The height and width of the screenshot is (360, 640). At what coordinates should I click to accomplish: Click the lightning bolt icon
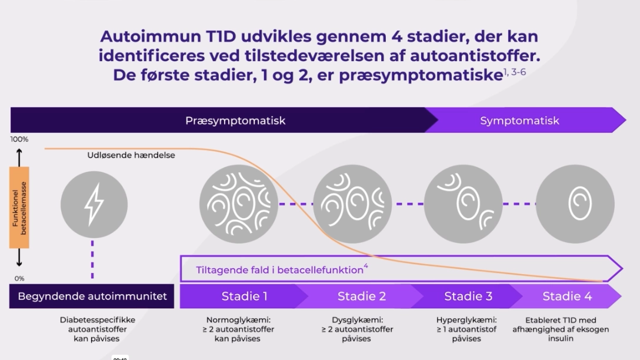click(x=94, y=205)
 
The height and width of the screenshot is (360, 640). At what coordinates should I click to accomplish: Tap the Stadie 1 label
click(x=245, y=296)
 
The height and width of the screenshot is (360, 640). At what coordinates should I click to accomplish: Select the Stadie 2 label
click(x=362, y=296)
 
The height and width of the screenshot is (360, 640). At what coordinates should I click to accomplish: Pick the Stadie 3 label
click(x=468, y=296)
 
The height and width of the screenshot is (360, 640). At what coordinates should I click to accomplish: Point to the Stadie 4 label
click(x=567, y=296)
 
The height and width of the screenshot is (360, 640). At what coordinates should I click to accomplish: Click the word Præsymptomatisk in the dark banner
click(x=235, y=121)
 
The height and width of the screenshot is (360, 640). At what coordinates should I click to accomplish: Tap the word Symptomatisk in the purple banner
click(x=519, y=121)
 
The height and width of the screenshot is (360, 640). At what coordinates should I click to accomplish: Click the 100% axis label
click(x=19, y=139)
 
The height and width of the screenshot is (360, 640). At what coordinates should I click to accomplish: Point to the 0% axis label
click(x=19, y=279)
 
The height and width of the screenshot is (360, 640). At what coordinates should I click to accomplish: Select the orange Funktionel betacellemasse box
click(x=19, y=207)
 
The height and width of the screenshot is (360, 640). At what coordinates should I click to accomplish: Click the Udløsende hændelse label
click(x=131, y=155)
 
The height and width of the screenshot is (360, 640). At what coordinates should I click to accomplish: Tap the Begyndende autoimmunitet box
click(x=92, y=296)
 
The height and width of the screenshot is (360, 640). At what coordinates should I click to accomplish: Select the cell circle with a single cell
click(x=575, y=204)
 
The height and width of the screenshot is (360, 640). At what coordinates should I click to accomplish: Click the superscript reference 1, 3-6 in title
click(x=515, y=72)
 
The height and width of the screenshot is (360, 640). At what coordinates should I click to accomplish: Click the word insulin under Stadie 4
click(x=561, y=338)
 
